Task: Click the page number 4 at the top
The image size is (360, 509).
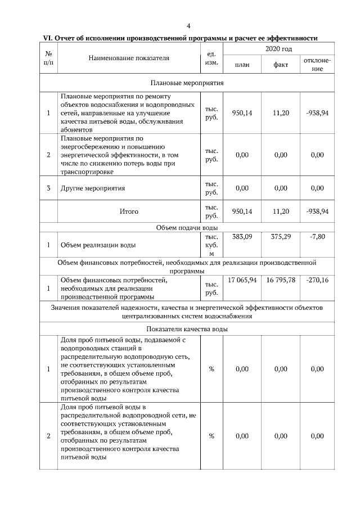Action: (188, 25)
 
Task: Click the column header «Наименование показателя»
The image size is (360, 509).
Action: (129, 58)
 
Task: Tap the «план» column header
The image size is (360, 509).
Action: (242, 65)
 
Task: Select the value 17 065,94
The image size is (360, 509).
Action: (242, 280)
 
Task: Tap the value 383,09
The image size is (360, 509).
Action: (242, 237)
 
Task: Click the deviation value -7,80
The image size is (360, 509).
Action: (317, 237)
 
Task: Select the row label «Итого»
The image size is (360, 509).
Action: (129, 211)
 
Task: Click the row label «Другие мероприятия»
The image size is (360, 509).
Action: (93, 188)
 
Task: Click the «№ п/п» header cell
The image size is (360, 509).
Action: (48, 58)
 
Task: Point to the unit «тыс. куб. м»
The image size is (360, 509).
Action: (211, 245)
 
